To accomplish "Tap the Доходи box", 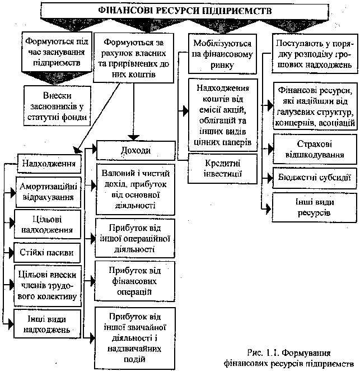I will (x=136, y=150).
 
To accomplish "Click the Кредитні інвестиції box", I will (x=222, y=166).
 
